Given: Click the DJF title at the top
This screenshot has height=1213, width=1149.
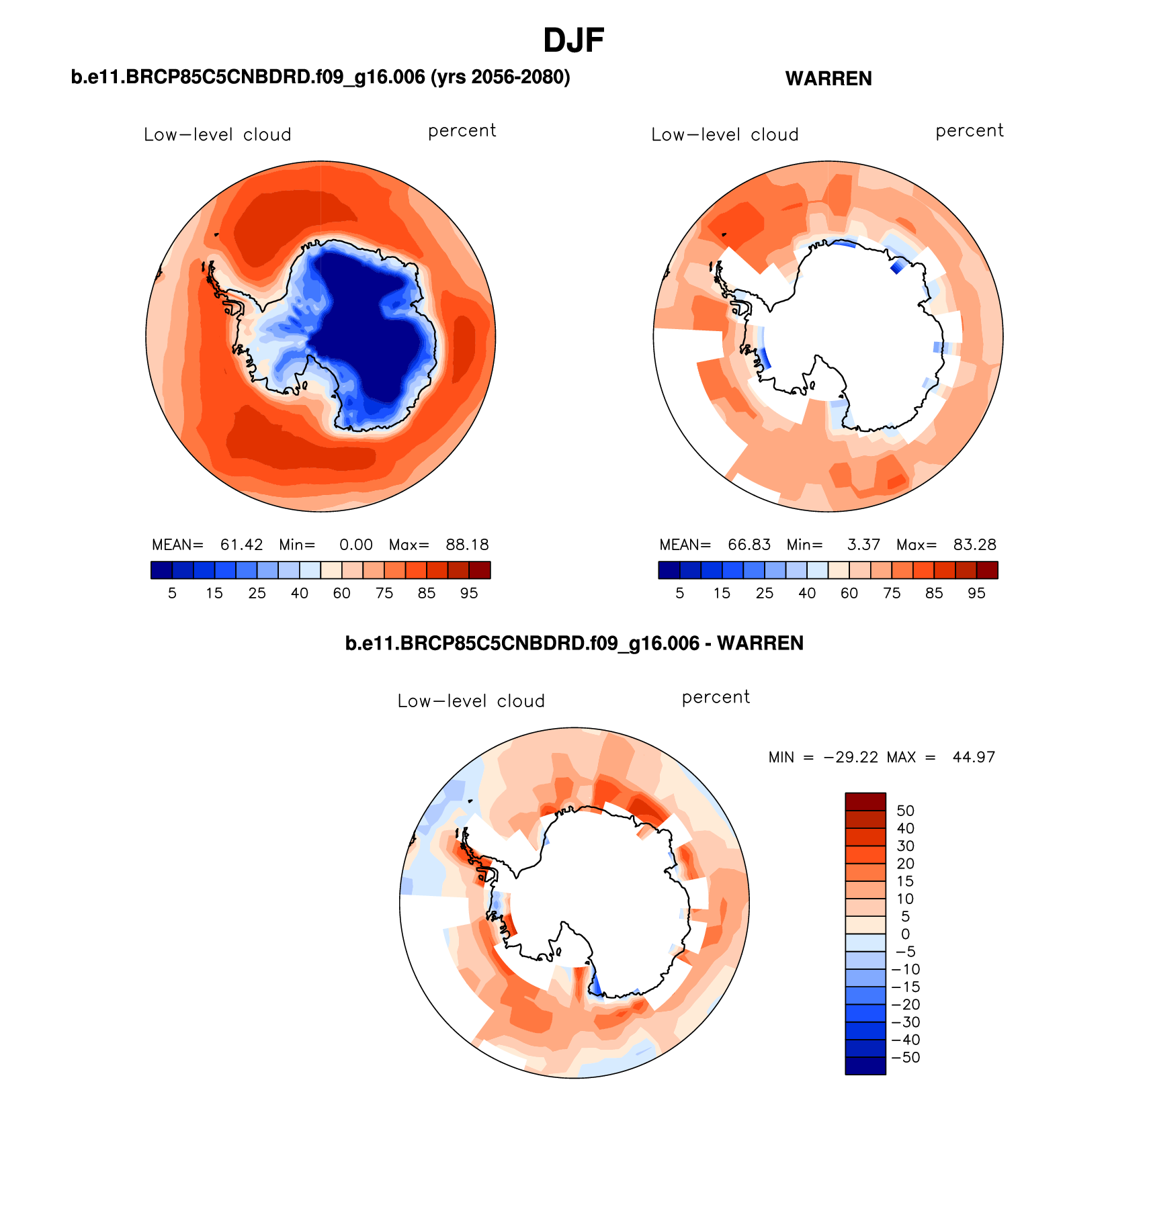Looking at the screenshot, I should point(573,41).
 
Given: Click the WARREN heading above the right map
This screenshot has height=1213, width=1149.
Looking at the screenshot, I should point(828,79).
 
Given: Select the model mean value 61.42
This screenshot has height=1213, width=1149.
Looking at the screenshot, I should point(241,545).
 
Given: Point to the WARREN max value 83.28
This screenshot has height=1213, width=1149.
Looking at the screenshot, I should point(974,545).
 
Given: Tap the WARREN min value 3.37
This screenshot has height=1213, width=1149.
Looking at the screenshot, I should point(863,545).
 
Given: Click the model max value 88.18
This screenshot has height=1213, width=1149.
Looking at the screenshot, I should point(467,545).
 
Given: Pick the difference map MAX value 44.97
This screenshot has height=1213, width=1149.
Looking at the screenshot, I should point(973,757).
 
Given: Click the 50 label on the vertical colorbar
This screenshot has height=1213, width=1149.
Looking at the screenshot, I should point(905,811).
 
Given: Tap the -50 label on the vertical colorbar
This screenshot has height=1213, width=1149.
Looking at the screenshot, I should point(905,1057).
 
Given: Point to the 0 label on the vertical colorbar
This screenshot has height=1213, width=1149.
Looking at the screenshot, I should point(905,934).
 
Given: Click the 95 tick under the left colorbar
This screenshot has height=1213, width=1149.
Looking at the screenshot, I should point(469,593).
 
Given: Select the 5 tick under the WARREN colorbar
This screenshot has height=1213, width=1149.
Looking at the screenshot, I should point(679,593).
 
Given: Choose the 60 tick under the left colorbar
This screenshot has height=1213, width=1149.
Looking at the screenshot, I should point(342,593).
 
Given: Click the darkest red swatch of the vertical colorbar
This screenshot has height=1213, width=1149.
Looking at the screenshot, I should point(865,802).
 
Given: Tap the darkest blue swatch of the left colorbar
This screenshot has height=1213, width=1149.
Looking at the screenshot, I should point(162,570).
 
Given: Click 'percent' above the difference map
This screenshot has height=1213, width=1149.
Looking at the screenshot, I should point(716,697).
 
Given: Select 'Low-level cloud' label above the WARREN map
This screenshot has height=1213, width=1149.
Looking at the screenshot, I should point(724,135).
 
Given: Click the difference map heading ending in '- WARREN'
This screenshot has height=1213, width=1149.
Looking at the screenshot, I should point(574,643).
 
